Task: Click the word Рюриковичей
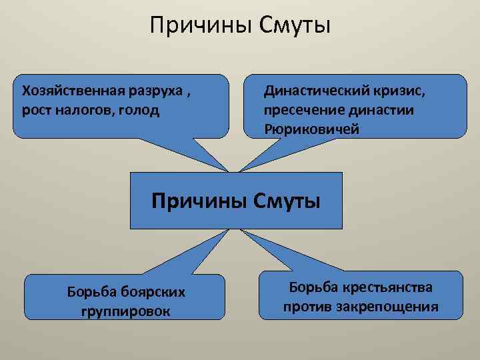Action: click(311, 129)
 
